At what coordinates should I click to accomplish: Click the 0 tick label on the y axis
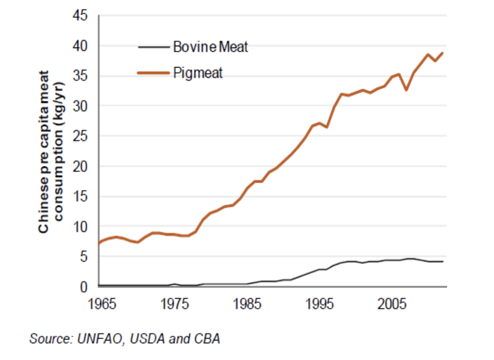coord(86,287)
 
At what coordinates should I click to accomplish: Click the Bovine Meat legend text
coord(211,47)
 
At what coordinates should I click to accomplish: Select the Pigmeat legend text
coord(198,73)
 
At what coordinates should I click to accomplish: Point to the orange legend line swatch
coord(154,73)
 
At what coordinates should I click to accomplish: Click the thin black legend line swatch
coord(154,47)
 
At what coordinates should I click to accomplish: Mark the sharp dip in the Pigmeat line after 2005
coord(406,90)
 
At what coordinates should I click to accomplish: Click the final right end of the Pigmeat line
coord(442,53)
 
